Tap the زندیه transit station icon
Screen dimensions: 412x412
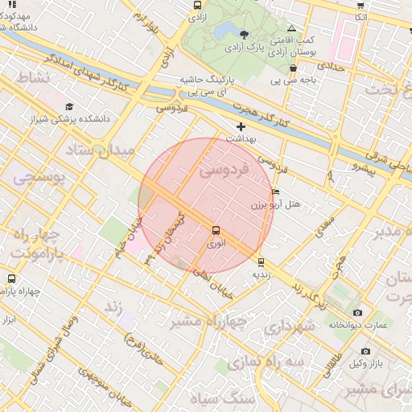point(261,262)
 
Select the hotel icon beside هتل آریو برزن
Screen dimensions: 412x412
point(276,193)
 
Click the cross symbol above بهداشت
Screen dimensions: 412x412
point(240,126)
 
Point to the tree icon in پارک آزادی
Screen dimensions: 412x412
point(244,35)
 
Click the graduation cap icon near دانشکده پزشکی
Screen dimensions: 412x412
point(69,106)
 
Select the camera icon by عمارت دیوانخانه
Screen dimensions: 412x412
point(357,312)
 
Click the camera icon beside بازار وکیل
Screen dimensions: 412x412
point(365,351)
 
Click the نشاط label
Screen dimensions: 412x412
point(33,77)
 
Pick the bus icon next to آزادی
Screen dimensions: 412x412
point(197,6)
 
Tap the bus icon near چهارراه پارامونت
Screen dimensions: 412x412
point(10,278)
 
